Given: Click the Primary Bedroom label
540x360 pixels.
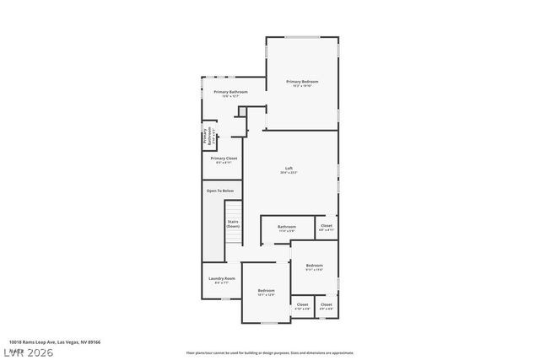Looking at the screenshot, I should (x=301, y=82).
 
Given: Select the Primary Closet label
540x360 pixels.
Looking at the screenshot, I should (x=224, y=159).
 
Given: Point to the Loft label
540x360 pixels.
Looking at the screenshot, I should (x=289, y=169).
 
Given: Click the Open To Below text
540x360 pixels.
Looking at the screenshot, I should (x=220, y=191).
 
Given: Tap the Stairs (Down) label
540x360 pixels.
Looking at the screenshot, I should (x=233, y=225).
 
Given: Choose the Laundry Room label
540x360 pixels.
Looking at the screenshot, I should (x=222, y=279).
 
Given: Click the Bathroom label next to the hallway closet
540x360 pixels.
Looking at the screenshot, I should (x=287, y=227).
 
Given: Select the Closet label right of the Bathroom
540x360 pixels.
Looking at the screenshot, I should (x=326, y=226).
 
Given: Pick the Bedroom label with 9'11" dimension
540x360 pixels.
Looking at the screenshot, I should (x=314, y=266).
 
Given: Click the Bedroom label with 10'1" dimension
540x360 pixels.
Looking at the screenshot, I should (x=266, y=292).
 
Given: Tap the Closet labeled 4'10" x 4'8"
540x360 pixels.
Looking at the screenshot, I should (x=302, y=305).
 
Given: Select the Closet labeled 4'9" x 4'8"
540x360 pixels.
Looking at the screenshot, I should (x=326, y=305).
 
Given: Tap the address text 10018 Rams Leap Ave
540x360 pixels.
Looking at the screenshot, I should (x=51, y=342).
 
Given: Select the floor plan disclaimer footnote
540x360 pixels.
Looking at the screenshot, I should (x=269, y=353).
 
